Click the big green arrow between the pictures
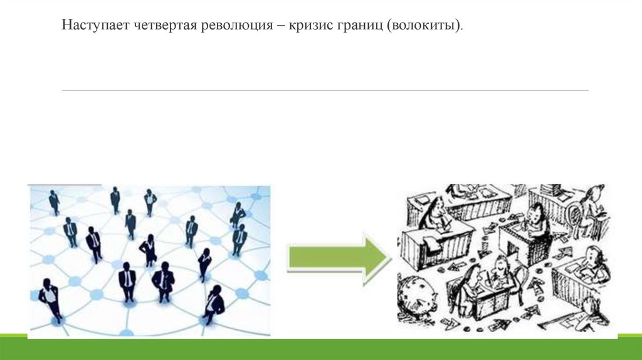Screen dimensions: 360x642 coord(339,258)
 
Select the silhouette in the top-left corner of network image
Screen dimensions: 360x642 coord(55,201)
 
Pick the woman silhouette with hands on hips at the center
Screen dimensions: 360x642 coord(149,250)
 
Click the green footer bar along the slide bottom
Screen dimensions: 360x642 coord(321,349)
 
